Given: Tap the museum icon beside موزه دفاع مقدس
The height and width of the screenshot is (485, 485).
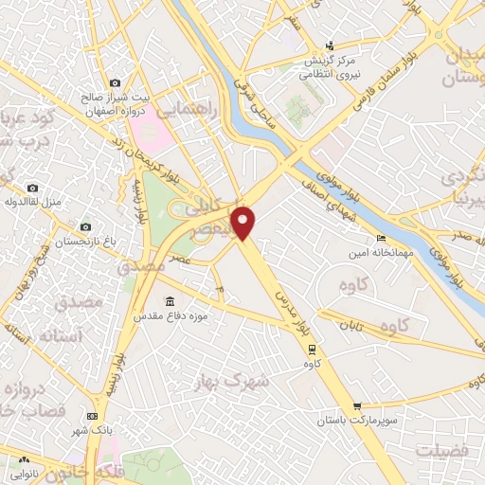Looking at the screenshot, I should point(170,301).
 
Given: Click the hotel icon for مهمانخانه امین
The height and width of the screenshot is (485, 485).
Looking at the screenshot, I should point(381,238).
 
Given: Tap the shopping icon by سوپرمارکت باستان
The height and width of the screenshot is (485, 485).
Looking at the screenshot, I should point(355,404).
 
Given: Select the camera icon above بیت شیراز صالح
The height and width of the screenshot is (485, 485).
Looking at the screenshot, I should point(115,83).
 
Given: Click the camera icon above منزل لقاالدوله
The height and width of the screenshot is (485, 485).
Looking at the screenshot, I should point(33,189).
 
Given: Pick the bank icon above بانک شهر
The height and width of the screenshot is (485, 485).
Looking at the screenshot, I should point(92,415).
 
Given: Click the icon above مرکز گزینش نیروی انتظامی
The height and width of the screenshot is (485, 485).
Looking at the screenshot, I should point(329,45).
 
